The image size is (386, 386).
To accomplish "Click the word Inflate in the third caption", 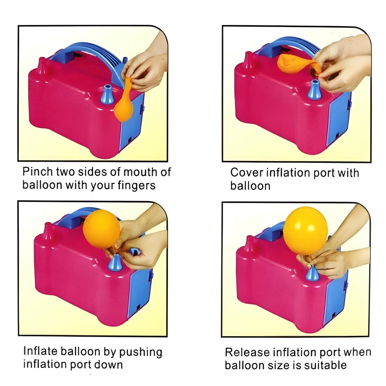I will [40, 352].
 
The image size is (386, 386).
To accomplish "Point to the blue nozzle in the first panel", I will [107, 95].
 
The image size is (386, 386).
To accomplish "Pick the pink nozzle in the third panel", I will [47, 232].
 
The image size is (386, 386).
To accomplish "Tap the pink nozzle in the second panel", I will [248, 61].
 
